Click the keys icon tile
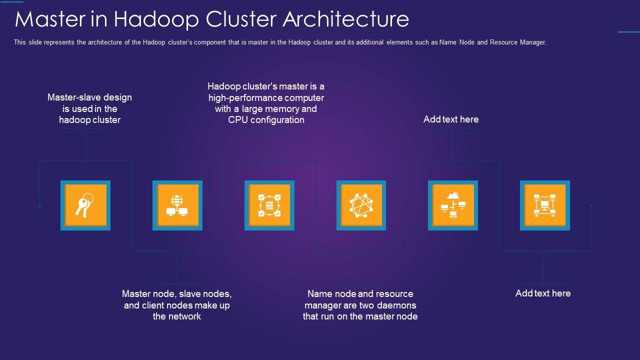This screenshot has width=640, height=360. pos(85,205)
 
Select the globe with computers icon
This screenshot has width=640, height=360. pos(177,205)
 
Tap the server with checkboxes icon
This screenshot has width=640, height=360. pos(269,205)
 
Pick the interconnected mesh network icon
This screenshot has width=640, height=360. pos(361,205)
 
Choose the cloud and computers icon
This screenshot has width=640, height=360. pos(453,205)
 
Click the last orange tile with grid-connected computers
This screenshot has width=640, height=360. pos(545,205)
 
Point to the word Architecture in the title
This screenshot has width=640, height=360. pos(346,19)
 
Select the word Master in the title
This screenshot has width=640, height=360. pos(49,19)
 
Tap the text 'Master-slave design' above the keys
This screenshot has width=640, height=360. pos(89,97)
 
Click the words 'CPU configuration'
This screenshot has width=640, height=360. pos(266,120)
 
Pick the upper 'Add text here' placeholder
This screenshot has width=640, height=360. pos(451,119)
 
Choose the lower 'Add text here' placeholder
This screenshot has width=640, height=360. pos(543,293)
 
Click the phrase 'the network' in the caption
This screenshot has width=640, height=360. pos(177,316)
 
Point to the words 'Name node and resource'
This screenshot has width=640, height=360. pos(360,293)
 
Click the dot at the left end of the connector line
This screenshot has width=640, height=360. pos(40,207)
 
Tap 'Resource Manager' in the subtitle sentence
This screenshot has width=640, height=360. pos(517,42)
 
